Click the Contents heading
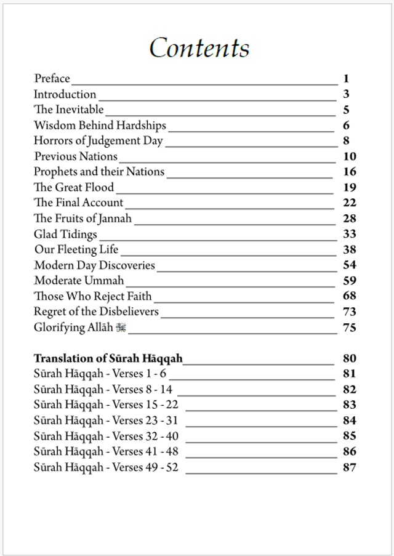[x=199, y=48]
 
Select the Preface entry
[x=52, y=79]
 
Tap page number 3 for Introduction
[x=347, y=94]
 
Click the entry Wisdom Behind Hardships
[x=100, y=126]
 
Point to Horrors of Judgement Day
[x=98, y=141]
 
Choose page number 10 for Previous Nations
[x=350, y=156]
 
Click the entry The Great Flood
[x=74, y=187]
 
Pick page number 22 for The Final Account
[x=350, y=203]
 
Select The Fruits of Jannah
[x=82, y=219]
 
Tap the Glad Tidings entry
[x=65, y=234]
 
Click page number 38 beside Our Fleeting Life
[x=350, y=249]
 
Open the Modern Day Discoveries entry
[x=94, y=265]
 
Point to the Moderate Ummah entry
[x=79, y=281]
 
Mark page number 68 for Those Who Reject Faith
[x=350, y=296]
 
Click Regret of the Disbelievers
[x=96, y=312]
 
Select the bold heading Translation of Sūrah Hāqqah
[x=108, y=358]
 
